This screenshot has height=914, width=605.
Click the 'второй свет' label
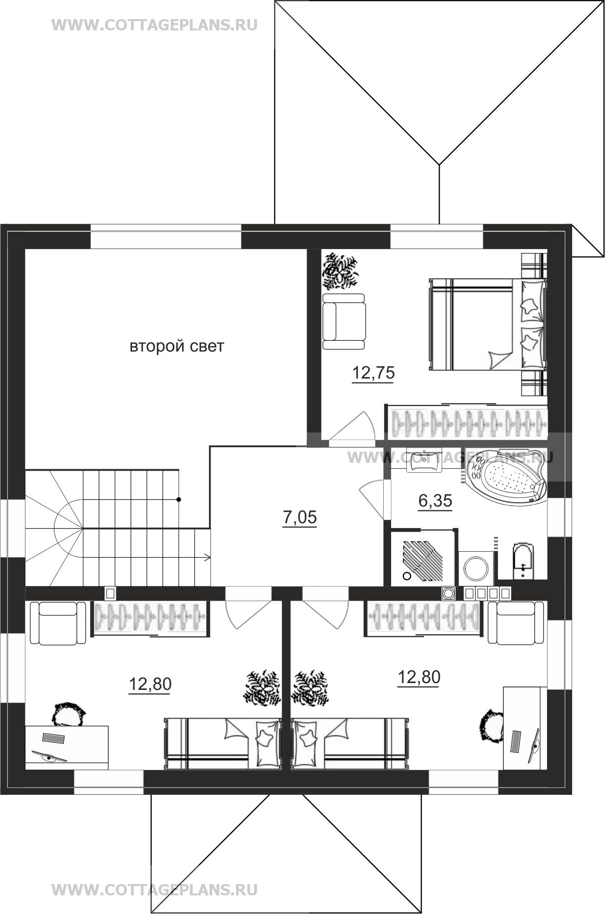click(177, 346)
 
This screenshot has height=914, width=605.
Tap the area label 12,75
click(373, 373)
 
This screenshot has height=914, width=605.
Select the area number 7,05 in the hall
click(300, 517)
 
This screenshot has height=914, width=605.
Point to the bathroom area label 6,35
click(435, 501)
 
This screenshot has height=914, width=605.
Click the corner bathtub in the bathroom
click(505, 477)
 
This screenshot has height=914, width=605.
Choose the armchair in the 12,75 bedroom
click(344, 322)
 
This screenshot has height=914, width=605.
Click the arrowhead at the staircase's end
click(208, 558)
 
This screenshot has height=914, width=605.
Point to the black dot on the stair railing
click(179, 500)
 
